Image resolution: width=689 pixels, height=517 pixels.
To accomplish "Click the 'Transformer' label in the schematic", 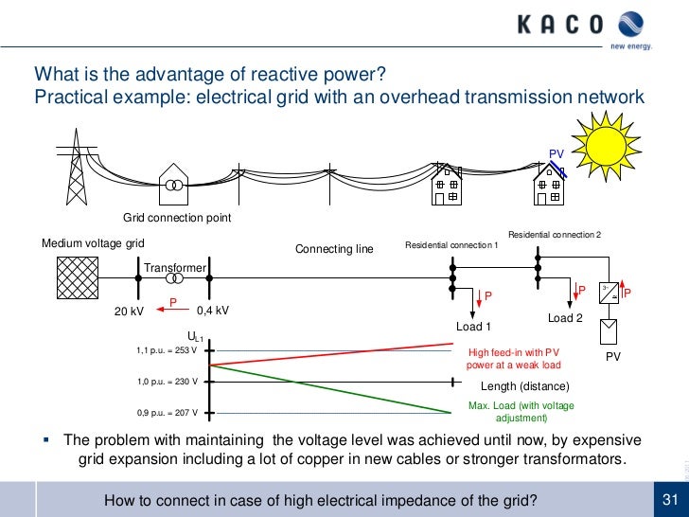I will [175, 268].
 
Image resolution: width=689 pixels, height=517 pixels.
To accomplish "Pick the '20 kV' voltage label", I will [129, 311].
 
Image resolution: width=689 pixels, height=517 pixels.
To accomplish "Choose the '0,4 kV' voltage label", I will [212, 311].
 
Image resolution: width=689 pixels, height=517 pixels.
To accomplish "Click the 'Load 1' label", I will [474, 327].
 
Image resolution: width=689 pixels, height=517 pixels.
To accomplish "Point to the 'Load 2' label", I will [566, 318].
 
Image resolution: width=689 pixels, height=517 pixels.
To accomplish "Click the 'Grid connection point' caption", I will [177, 218].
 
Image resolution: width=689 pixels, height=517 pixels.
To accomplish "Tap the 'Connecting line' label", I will [334, 249].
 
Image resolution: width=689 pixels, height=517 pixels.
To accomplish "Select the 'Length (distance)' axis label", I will [525, 386].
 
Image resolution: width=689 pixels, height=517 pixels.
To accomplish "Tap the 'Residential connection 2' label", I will [554, 234].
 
